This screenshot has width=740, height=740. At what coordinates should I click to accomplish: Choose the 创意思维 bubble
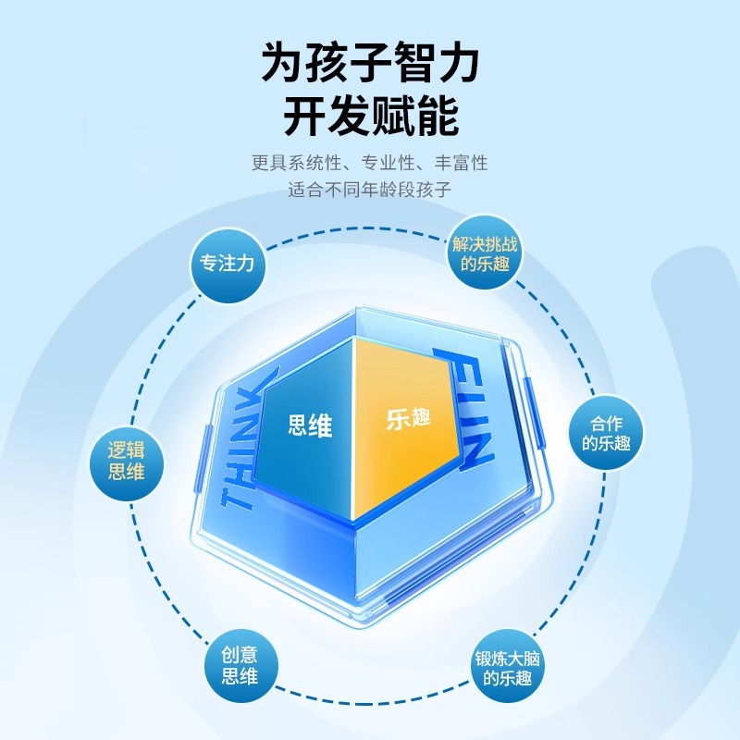click(240, 665)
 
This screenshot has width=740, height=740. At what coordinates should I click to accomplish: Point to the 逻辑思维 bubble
click(126, 461)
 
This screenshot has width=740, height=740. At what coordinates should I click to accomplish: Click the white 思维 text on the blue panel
click(310, 425)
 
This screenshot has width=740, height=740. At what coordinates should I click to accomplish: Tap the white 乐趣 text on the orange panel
click(409, 418)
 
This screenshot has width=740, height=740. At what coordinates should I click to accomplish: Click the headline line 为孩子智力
click(370, 65)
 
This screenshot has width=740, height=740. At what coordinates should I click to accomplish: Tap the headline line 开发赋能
click(370, 118)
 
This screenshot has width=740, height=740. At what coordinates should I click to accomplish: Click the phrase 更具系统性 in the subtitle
click(293, 163)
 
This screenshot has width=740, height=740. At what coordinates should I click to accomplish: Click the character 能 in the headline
click(437, 118)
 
